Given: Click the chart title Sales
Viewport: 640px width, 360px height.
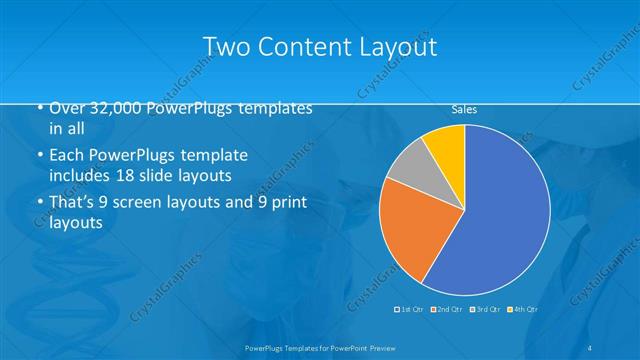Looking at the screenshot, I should coord(464,109).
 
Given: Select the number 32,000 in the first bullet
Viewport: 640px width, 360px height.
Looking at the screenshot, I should coord(117,108).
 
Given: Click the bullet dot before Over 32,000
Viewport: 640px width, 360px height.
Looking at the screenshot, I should coord(38,109).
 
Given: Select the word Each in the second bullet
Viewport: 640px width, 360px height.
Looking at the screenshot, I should coord(68,156).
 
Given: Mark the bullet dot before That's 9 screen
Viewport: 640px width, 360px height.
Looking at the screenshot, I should coord(38,204).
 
